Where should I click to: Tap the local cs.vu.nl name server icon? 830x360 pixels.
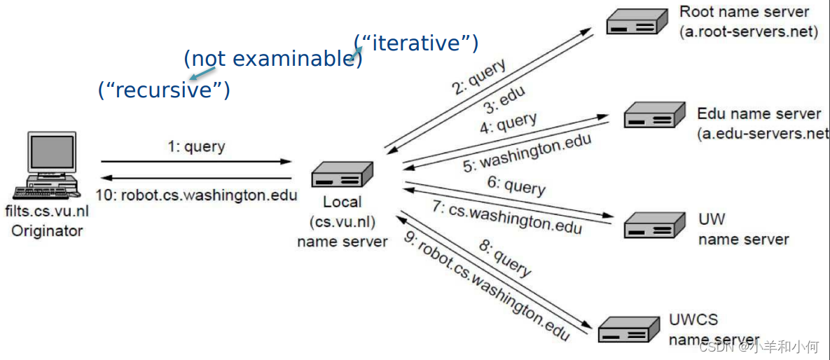(x=343, y=174)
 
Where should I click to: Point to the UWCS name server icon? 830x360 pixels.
(x=629, y=328)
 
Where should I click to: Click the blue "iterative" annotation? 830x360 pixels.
(x=416, y=43)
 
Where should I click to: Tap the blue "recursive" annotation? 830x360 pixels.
(x=165, y=90)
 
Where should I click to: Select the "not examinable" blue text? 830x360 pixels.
(x=272, y=59)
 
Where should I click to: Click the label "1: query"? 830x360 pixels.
(x=196, y=147)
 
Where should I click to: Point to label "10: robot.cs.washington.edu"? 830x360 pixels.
(x=197, y=195)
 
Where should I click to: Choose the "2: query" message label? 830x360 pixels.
(x=478, y=77)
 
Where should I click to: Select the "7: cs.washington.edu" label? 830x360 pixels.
(x=515, y=217)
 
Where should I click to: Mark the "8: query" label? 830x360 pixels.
(x=504, y=257)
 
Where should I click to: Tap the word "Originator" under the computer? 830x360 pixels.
(x=47, y=231)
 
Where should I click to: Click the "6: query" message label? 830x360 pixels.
(x=516, y=186)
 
